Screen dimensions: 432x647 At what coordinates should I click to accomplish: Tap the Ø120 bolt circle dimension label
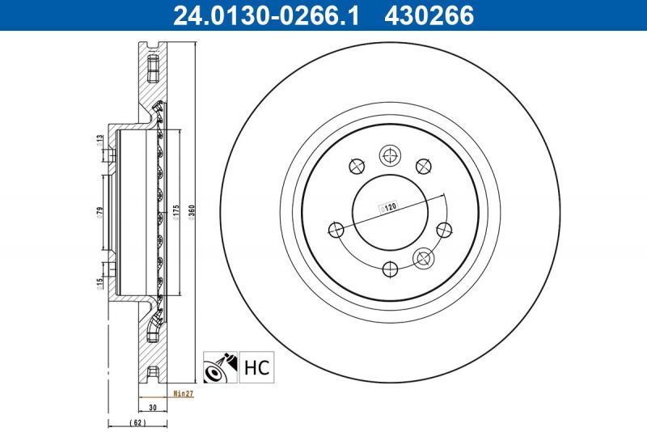click(x=389, y=208)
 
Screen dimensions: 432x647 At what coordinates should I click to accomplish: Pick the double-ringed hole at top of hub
click(x=390, y=155)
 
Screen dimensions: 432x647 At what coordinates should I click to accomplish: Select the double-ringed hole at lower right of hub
click(x=422, y=259)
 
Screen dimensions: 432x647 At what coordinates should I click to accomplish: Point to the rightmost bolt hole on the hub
click(x=443, y=230)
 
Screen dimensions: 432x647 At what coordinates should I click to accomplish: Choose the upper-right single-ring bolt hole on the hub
click(x=422, y=167)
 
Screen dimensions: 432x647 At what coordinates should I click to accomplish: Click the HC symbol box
click(x=256, y=367)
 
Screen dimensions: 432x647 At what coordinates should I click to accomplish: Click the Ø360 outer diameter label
click(x=192, y=212)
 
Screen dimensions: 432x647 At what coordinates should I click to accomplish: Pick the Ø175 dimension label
click(x=175, y=212)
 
